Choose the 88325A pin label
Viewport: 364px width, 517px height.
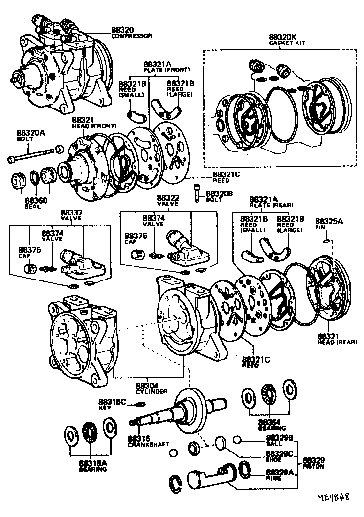coord(329,221)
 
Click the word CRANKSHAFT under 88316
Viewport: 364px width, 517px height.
coord(148,444)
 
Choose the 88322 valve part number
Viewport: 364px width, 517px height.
coord(168,197)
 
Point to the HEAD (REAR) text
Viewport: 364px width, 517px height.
coord(338,341)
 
